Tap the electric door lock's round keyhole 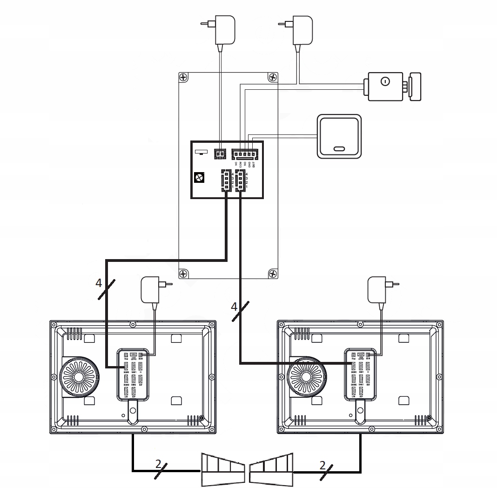(384, 82)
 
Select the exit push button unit (338, 136)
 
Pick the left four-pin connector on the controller (225, 180)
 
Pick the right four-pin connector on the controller (240, 180)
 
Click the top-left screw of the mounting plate (185, 78)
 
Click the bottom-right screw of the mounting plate (272, 273)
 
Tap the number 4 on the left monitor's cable (98, 282)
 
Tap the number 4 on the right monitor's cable (234, 307)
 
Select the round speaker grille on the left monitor (79, 376)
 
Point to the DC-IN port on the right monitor (368, 355)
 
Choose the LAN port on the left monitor (126, 392)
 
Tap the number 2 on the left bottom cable (158, 464)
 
